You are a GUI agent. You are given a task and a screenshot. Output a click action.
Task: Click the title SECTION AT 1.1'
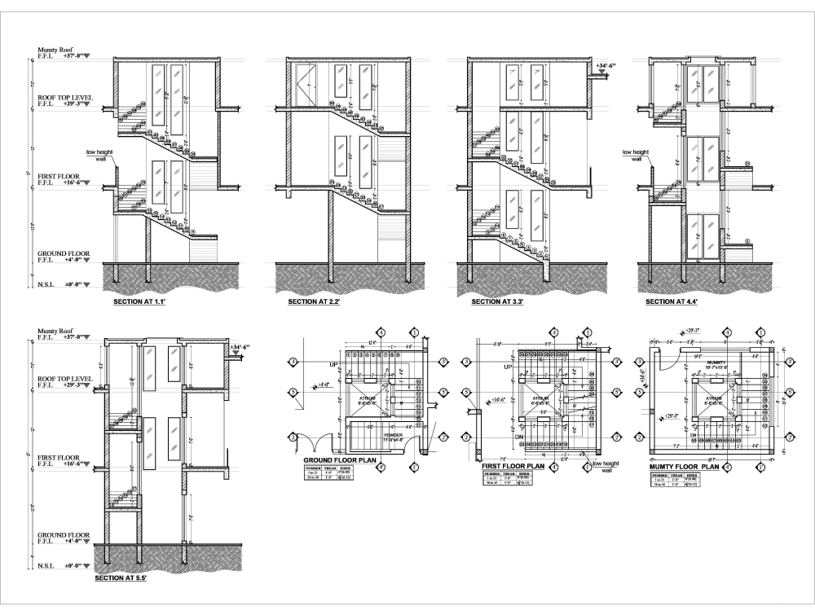141,301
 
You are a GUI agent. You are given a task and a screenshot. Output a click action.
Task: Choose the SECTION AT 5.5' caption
122,578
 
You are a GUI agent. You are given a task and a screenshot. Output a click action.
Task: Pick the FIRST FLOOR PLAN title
513,466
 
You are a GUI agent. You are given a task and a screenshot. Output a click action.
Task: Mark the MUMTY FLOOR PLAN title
684,467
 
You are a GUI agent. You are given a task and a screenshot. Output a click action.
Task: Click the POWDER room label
393,435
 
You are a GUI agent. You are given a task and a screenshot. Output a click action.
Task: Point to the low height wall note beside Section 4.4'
635,155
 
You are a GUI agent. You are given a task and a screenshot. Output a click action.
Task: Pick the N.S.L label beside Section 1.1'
46,286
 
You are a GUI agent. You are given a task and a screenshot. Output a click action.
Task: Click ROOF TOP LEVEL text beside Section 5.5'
65,379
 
